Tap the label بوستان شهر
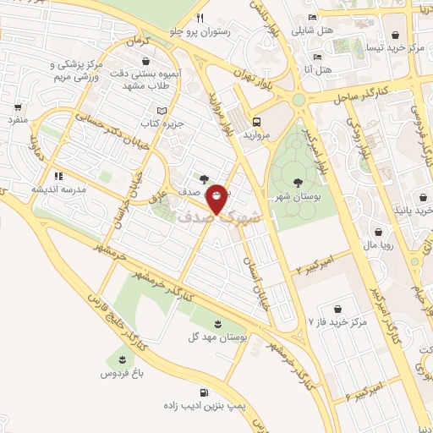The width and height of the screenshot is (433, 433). (x=297, y=196)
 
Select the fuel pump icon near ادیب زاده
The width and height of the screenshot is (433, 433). (x=205, y=392)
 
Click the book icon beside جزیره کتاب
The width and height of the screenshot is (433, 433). (x=162, y=111)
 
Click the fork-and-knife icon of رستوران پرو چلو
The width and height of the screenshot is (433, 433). (x=200, y=18)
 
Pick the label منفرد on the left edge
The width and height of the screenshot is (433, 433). (x=19, y=121)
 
